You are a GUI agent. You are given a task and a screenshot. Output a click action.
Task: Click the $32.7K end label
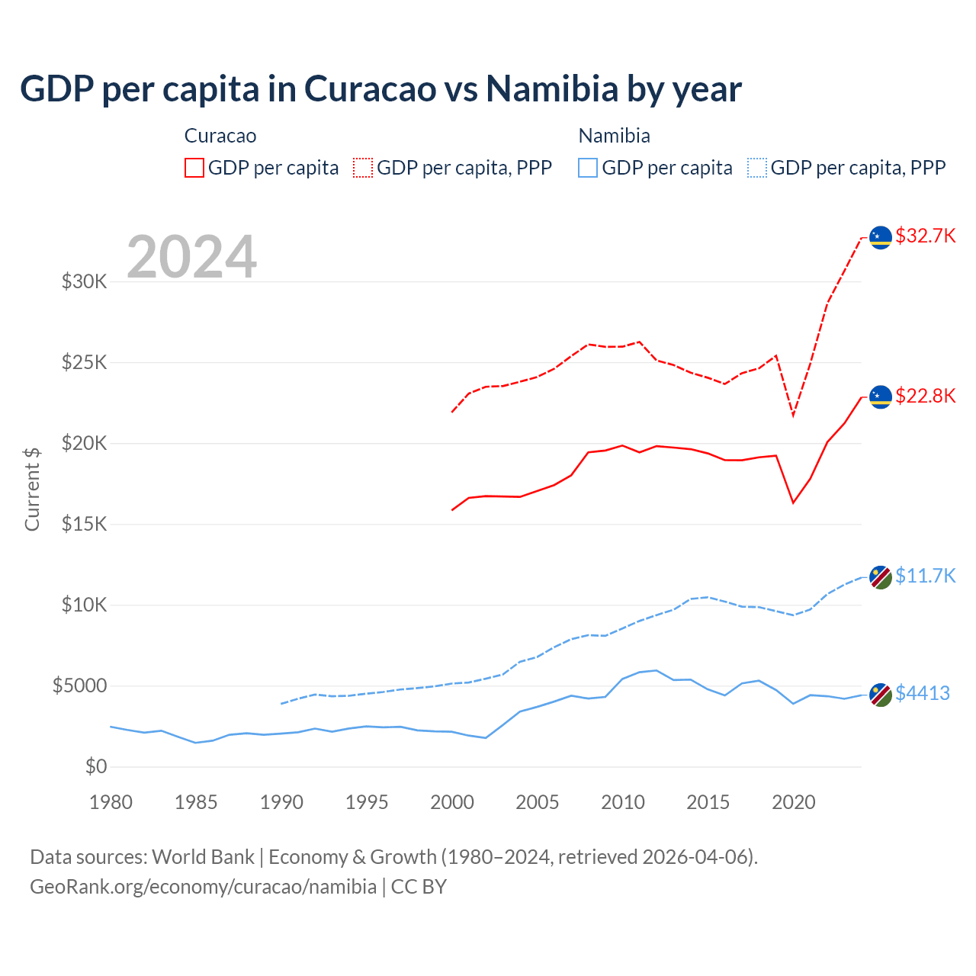pyautogui.click(x=925, y=236)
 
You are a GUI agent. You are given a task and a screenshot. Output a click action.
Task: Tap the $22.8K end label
pyautogui.click(x=925, y=396)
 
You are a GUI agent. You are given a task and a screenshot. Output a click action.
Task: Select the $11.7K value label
pyautogui.click(x=925, y=576)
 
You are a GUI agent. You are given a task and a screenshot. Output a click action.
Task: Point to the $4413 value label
pyautogui.click(x=922, y=693)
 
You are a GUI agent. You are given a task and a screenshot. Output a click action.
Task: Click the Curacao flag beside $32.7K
pyautogui.click(x=881, y=238)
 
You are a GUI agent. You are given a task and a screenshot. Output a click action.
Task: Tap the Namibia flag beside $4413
pyautogui.click(x=881, y=695)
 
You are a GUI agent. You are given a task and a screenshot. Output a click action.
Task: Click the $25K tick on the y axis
pyautogui.click(x=85, y=362)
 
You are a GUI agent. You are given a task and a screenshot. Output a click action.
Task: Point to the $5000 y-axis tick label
pyautogui.click(x=80, y=685)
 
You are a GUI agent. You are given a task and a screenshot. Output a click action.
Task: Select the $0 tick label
pyautogui.click(x=95, y=766)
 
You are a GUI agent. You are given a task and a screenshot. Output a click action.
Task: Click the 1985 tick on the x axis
pyautogui.click(x=196, y=802)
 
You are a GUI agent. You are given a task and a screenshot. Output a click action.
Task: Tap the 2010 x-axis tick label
pyautogui.click(x=623, y=802)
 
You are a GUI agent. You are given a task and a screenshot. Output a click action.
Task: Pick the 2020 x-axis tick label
pyautogui.click(x=794, y=802)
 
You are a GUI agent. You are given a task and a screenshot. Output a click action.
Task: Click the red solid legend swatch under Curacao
pyautogui.click(x=194, y=168)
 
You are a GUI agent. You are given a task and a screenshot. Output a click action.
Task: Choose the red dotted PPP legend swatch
pyautogui.click(x=363, y=168)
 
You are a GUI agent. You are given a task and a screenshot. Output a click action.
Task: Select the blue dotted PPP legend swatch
pyautogui.click(x=757, y=168)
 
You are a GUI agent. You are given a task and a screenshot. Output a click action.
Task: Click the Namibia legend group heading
pyautogui.click(x=614, y=136)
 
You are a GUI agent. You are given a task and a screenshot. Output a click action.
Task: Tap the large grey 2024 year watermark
pyautogui.click(x=191, y=257)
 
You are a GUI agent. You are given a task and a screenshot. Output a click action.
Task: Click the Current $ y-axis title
pyautogui.click(x=32, y=490)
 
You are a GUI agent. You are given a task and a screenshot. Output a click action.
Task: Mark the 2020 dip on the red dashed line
pyautogui.click(x=793, y=416)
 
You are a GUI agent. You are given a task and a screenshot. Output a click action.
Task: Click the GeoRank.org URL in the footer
pyautogui.click(x=203, y=887)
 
